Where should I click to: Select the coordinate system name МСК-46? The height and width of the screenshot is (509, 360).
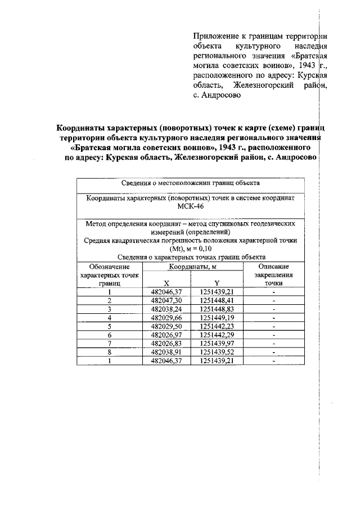tap(190, 206)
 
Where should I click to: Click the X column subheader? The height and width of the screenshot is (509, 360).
tap(166, 282)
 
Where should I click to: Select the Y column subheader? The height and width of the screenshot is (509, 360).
tap(217, 282)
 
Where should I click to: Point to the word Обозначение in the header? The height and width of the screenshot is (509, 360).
tap(110, 266)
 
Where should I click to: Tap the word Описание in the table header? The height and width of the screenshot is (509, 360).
tap(273, 266)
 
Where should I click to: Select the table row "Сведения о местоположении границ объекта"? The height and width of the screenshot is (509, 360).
tap(190, 183)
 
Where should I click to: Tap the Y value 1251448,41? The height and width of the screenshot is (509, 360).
tap(217, 300)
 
